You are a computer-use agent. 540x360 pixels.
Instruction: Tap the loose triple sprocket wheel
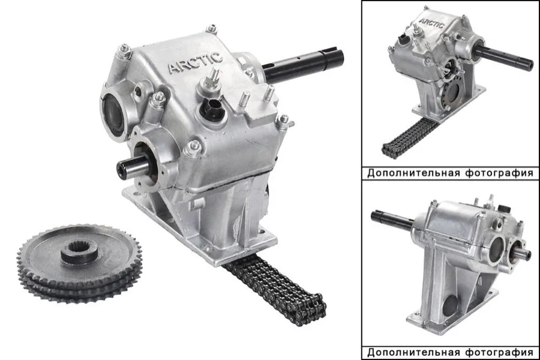(x=80, y=263)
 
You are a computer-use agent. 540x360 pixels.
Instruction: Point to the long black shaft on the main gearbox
(x=303, y=64)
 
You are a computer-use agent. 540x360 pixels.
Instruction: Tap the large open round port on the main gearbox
(x=113, y=113)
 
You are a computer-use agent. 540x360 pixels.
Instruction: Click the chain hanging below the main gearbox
(x=275, y=289)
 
